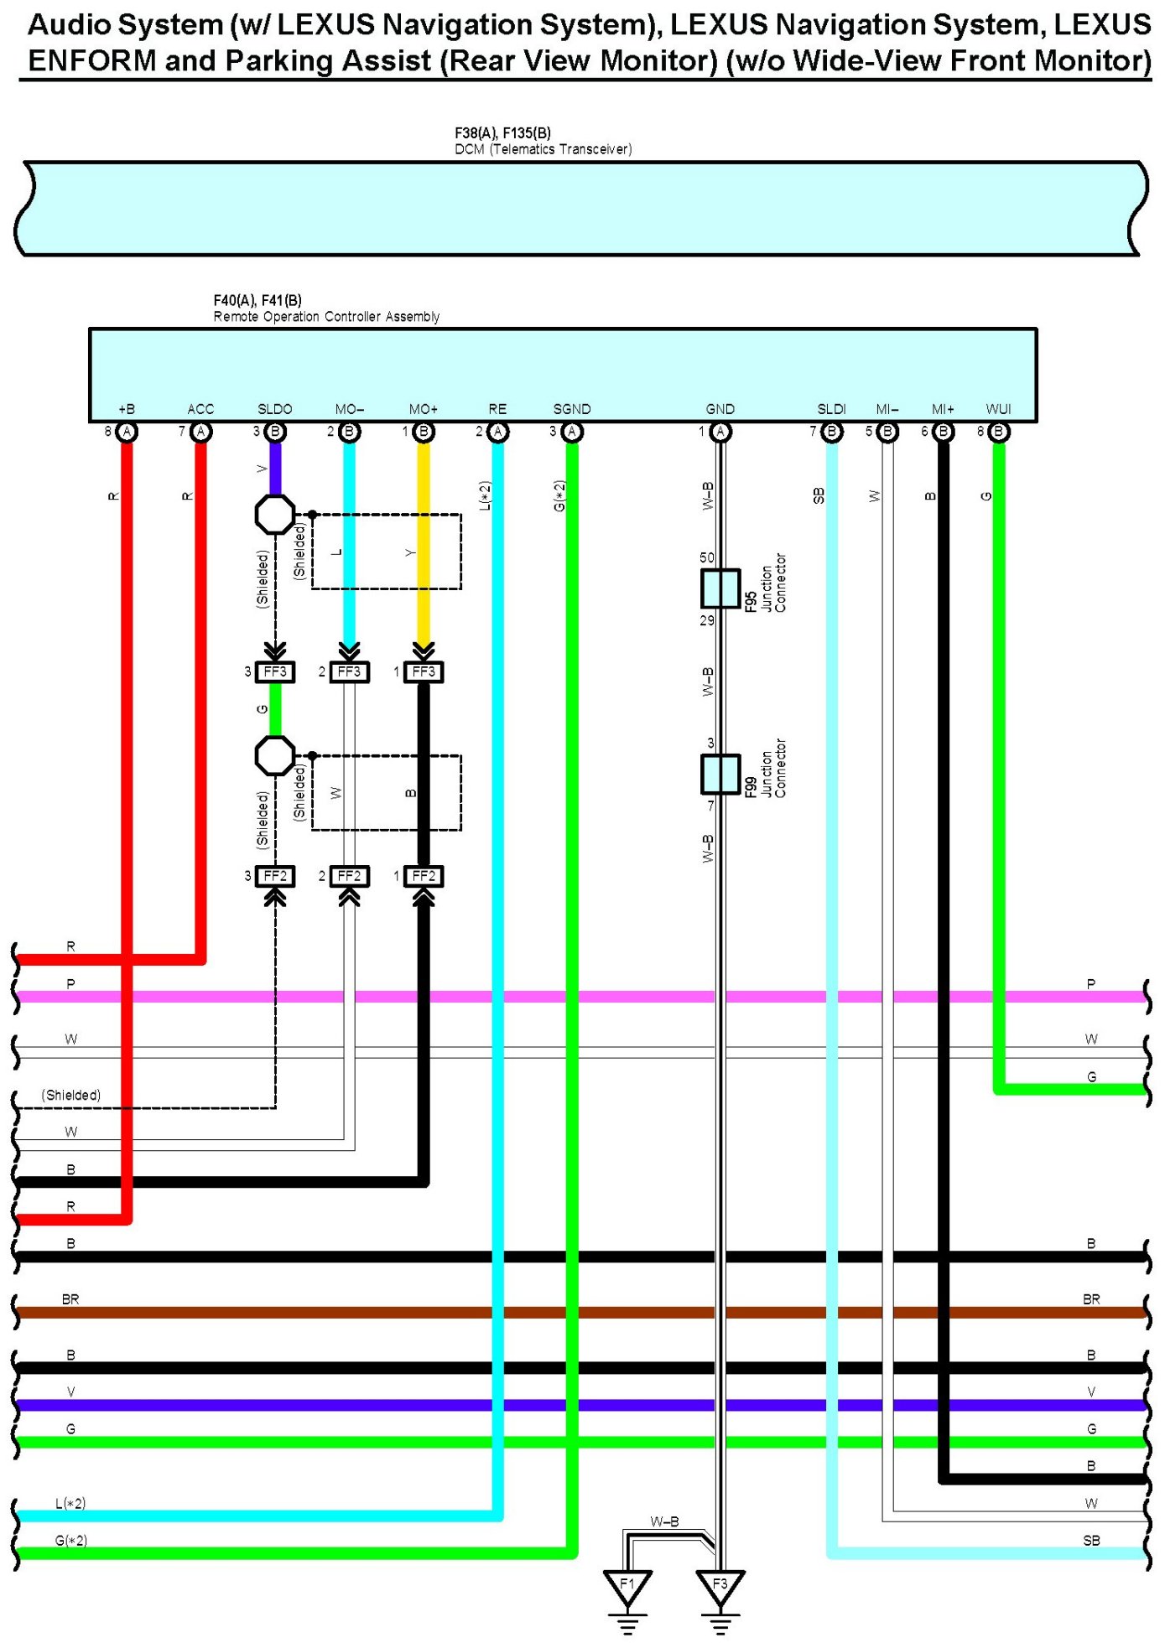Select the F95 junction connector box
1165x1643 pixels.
[720, 588]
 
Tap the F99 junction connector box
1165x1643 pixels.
[720, 774]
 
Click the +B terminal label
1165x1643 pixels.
[127, 409]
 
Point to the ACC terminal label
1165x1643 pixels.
[200, 409]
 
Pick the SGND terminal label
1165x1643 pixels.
[572, 409]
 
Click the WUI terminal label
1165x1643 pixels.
[998, 409]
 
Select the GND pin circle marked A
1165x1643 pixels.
[720, 432]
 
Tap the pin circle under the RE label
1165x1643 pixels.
[498, 432]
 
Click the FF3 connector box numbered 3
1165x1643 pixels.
[275, 671]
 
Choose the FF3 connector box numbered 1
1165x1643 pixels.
[424, 671]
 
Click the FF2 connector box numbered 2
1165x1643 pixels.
[349, 876]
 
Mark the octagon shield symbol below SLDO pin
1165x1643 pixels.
[275, 514]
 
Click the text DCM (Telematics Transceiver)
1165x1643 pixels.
[543, 149]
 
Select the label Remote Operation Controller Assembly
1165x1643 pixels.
[326, 317]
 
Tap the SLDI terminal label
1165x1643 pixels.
[831, 409]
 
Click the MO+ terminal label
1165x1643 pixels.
[424, 409]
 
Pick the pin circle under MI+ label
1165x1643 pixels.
[944, 432]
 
